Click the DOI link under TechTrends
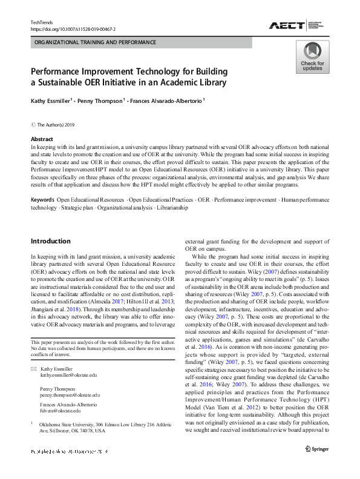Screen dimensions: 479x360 tap(73, 28)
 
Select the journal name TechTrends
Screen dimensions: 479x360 tap(42, 22)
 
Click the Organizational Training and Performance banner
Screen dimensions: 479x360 tap(95, 42)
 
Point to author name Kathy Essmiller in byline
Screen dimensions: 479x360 tap(53, 101)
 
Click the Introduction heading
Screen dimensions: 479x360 tap(50, 241)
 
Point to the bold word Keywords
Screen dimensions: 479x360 tap(42, 199)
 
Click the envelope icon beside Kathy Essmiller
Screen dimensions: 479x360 tap(33, 369)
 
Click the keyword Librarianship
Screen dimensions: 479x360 tap(172, 208)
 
